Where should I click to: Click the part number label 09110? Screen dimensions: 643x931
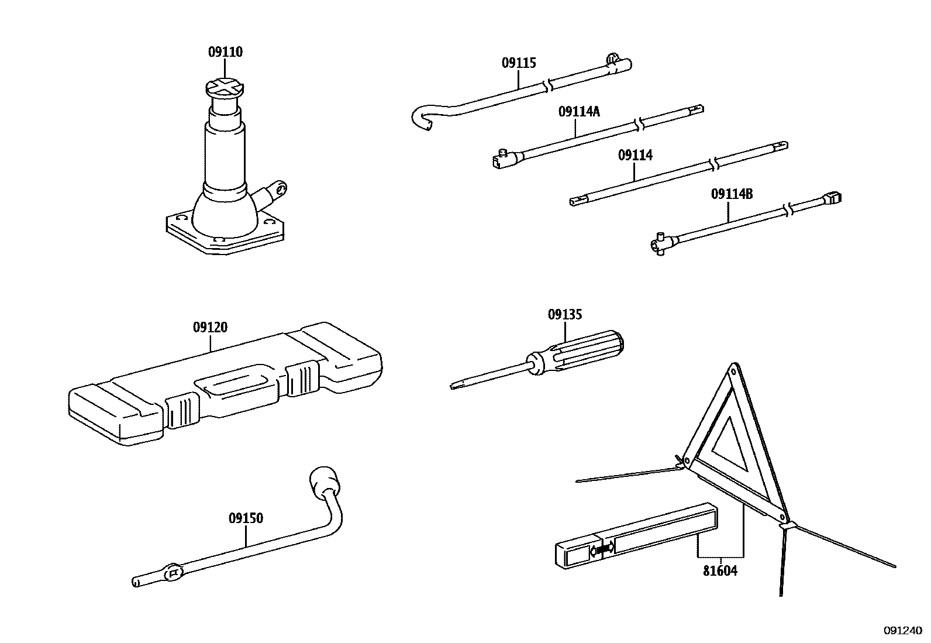(x=225, y=52)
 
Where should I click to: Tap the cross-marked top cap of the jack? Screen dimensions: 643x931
(x=224, y=88)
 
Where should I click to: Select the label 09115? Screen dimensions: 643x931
(x=519, y=63)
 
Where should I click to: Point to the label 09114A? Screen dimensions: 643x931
(x=579, y=111)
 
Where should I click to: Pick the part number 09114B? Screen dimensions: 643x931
(x=732, y=194)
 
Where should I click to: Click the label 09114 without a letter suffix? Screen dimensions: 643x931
(x=635, y=155)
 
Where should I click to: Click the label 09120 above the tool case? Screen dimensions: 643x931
(x=210, y=327)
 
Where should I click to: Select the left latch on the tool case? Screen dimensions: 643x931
(x=180, y=411)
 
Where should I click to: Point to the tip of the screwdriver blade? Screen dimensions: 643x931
(x=454, y=386)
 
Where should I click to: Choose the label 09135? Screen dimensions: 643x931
(x=565, y=315)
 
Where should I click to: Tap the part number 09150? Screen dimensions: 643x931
(x=246, y=518)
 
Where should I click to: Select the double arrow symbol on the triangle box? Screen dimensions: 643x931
(x=603, y=549)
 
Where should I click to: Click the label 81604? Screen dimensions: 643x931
(x=720, y=571)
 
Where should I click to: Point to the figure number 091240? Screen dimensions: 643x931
(x=902, y=631)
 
